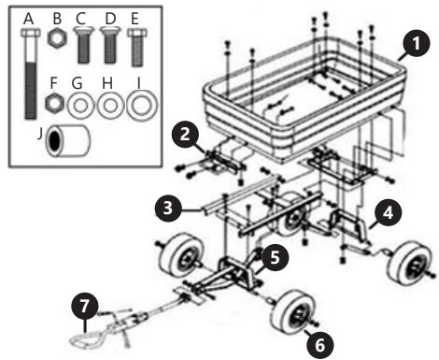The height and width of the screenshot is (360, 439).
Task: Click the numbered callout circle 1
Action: (417, 44)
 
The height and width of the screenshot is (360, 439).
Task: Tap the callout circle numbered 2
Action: (185, 135)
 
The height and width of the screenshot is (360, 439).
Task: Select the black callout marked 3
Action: (168, 208)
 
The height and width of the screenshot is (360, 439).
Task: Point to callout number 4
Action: (388, 212)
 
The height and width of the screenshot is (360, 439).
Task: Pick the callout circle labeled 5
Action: (275, 257)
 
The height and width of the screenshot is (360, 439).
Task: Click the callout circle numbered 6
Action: (319, 345)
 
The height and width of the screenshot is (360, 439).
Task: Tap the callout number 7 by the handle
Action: (85, 306)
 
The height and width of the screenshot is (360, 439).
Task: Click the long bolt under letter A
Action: (31, 74)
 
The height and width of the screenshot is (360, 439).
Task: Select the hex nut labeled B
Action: (57, 39)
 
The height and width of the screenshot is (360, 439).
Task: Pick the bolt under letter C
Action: (83, 45)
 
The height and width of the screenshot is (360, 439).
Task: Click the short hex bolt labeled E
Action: (136, 48)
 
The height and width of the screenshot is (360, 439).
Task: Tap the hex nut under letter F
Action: (55, 103)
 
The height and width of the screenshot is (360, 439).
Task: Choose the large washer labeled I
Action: (142, 106)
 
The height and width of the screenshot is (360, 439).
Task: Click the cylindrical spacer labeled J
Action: (68, 141)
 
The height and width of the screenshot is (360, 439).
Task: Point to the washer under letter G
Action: (80, 106)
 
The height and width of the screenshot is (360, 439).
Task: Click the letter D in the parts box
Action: (111, 19)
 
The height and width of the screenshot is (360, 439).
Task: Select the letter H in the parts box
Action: (107, 83)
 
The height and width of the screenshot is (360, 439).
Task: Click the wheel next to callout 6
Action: (293, 312)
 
